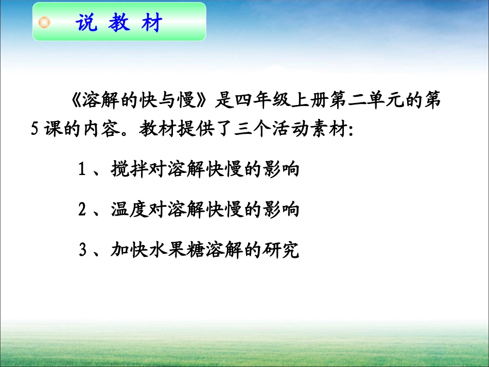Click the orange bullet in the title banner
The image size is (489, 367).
click(x=45, y=23)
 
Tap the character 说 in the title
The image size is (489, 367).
click(x=86, y=23)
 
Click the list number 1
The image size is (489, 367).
click(x=81, y=170)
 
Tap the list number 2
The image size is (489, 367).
click(x=81, y=210)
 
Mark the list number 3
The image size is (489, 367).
click(x=81, y=251)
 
